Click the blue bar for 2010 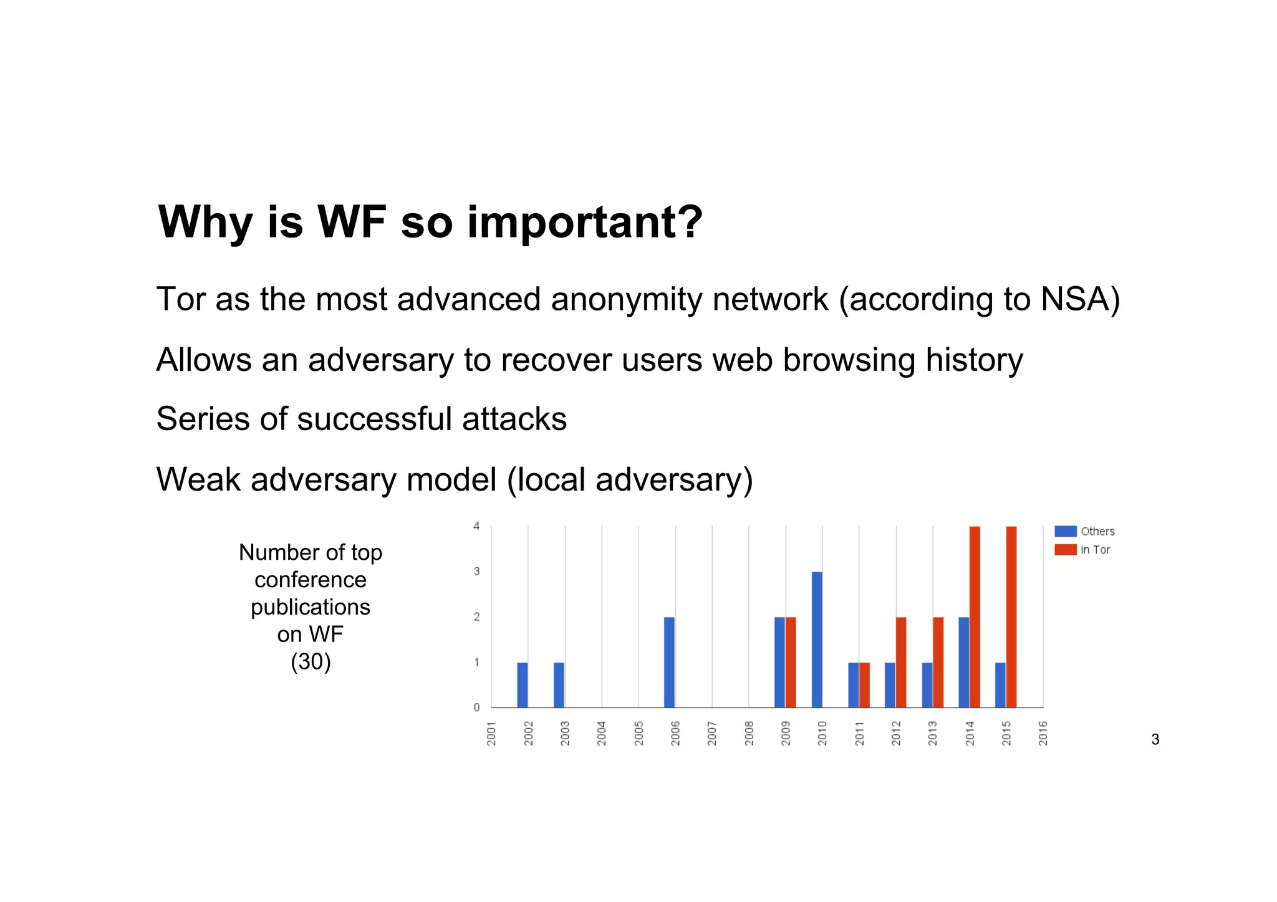(x=817, y=640)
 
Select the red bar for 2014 (x=975, y=617)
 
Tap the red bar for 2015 (x=1011, y=617)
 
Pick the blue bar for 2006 (x=669, y=662)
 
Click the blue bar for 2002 (x=523, y=684)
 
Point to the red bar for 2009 (x=791, y=662)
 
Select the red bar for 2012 (x=901, y=662)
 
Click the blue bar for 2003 (x=559, y=684)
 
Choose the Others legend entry (x=1085, y=531)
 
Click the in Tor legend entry (x=1083, y=550)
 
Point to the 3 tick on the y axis (x=477, y=571)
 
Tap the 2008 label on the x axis (x=749, y=733)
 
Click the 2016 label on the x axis (x=1043, y=733)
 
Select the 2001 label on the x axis (x=491, y=733)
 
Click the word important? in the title (x=585, y=222)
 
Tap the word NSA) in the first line (x=1080, y=299)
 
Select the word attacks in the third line (x=514, y=419)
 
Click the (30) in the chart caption (x=311, y=661)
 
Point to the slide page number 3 (x=1155, y=739)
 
